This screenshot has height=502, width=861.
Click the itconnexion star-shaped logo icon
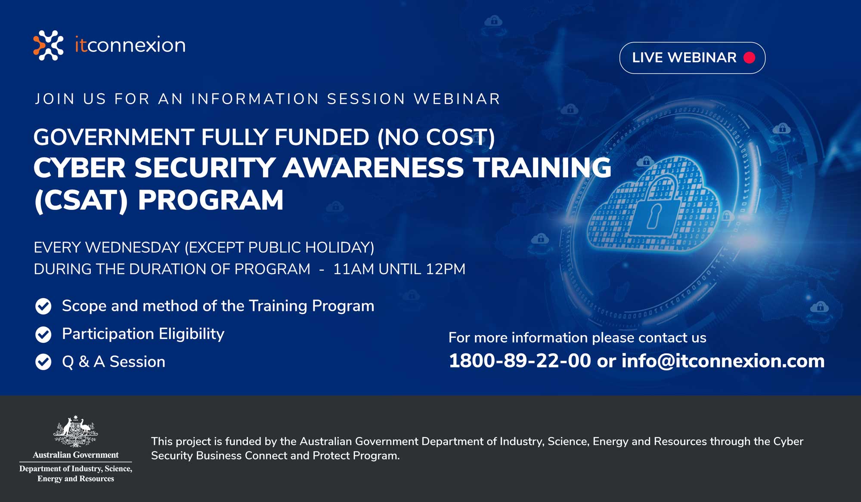tap(48, 45)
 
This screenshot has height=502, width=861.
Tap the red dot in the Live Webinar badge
tap(749, 58)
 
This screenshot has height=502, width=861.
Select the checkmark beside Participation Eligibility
tap(43, 334)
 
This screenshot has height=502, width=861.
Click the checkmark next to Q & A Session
tap(43, 362)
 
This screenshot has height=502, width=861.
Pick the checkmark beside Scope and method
tap(43, 306)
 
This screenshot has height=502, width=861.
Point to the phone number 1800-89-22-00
tap(520, 360)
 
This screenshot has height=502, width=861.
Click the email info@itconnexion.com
tap(723, 360)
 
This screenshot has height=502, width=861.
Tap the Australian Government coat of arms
tap(76, 431)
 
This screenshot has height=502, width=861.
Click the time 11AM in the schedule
tap(353, 269)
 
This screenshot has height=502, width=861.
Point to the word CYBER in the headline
tap(80, 167)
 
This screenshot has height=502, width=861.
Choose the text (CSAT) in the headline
tap(81, 200)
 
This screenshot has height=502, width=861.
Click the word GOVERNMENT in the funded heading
tap(114, 137)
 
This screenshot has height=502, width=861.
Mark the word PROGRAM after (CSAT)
tap(211, 200)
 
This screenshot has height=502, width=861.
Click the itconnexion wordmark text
tap(130, 45)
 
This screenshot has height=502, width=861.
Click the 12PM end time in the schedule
tap(446, 269)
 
